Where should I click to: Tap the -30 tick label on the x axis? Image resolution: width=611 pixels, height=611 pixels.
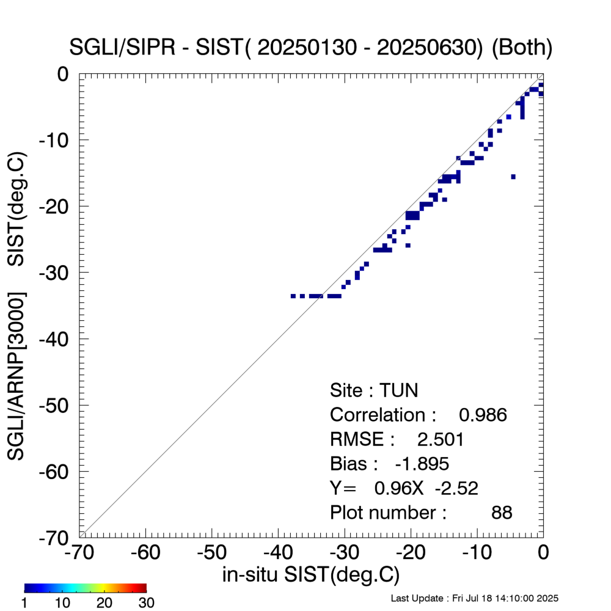344,552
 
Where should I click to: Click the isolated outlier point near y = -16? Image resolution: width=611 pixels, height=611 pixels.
513,177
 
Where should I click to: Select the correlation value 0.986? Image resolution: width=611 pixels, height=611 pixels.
483,415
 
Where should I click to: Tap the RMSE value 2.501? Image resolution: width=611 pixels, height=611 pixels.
440,439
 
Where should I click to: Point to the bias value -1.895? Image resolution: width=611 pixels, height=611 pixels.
422,464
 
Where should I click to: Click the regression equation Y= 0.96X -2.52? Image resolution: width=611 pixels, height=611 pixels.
403,488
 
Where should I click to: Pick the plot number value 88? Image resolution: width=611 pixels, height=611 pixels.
501,513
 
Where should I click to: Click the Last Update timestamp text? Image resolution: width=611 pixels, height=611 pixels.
474,598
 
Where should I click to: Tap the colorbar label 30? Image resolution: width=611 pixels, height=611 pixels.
146,603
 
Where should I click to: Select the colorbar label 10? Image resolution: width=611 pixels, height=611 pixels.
64,603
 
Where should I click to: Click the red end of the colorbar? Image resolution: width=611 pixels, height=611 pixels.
142,588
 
